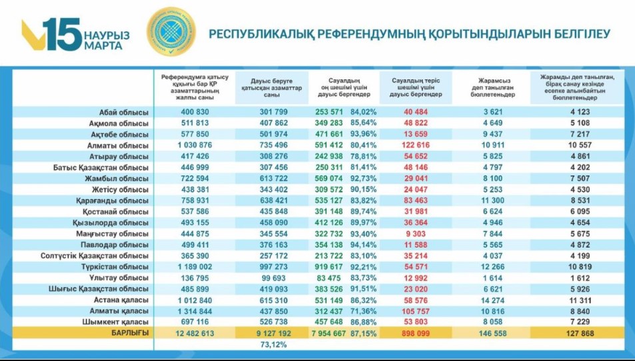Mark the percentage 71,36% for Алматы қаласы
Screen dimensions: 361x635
pyautogui.click(x=363, y=311)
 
